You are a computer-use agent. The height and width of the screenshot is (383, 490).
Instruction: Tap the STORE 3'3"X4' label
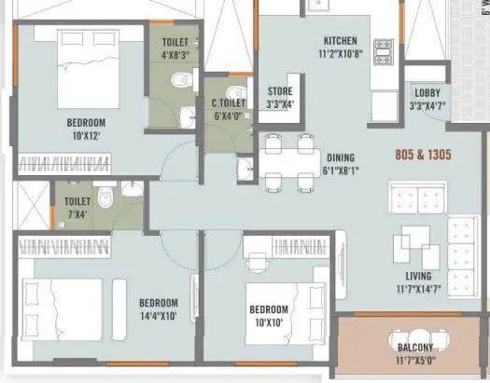point(281,97)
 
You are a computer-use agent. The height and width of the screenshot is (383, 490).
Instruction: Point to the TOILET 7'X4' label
point(77,208)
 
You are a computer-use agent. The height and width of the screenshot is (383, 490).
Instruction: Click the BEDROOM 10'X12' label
point(86,129)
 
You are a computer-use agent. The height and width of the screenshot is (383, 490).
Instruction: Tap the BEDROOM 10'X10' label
point(268,315)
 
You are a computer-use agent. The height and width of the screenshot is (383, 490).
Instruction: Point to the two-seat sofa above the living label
point(416,198)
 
